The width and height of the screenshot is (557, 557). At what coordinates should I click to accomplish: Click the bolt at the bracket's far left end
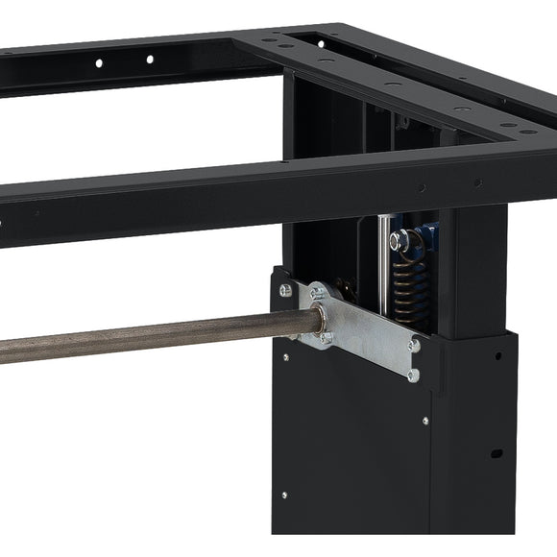285,290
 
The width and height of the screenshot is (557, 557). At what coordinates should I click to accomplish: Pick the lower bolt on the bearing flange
327,337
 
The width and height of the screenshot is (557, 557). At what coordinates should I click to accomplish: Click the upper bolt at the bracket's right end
415,345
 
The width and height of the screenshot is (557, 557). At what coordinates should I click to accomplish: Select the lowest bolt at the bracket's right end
413,375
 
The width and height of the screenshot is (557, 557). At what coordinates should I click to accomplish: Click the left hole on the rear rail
99,63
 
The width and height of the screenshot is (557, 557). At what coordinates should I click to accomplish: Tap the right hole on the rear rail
149,60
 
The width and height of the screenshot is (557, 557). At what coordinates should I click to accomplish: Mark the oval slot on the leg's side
496,451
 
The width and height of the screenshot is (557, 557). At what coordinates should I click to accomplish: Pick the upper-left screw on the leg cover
284,358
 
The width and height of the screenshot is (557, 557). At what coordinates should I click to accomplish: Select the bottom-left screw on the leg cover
283,496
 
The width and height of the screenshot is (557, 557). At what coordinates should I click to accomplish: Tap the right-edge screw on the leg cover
425,421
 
